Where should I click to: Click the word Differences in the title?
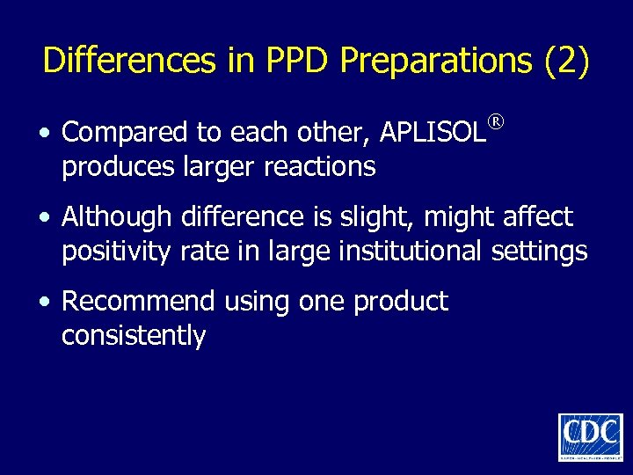[x=129, y=61]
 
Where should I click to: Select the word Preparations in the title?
[x=436, y=62]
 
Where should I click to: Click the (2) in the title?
[x=567, y=62]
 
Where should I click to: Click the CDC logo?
[x=590, y=436]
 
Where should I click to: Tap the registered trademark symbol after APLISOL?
[x=498, y=121]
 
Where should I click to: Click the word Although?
[x=117, y=216]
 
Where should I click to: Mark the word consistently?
[x=134, y=335]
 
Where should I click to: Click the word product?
[x=400, y=302]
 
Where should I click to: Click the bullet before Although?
[x=44, y=217]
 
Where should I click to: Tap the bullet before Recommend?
[x=44, y=302]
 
